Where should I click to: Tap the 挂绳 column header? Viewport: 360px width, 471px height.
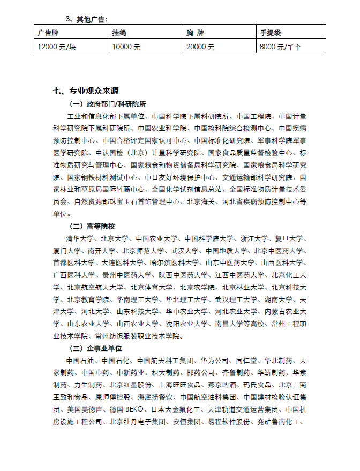coord(119,33)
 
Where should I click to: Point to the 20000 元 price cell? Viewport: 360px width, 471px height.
coord(200,47)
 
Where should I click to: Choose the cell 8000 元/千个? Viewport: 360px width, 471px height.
coord(280,47)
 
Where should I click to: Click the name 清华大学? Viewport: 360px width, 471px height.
coord(79,238)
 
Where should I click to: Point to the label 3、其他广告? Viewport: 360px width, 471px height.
coord(86,19)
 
